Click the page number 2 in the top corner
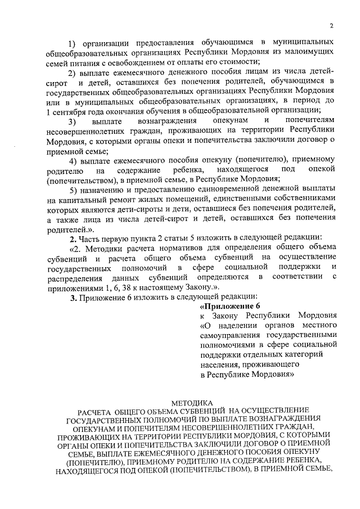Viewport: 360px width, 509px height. pos(332,25)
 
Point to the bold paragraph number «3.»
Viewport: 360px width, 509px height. pos(66,297)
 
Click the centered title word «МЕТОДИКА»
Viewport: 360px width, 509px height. pos(191,403)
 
